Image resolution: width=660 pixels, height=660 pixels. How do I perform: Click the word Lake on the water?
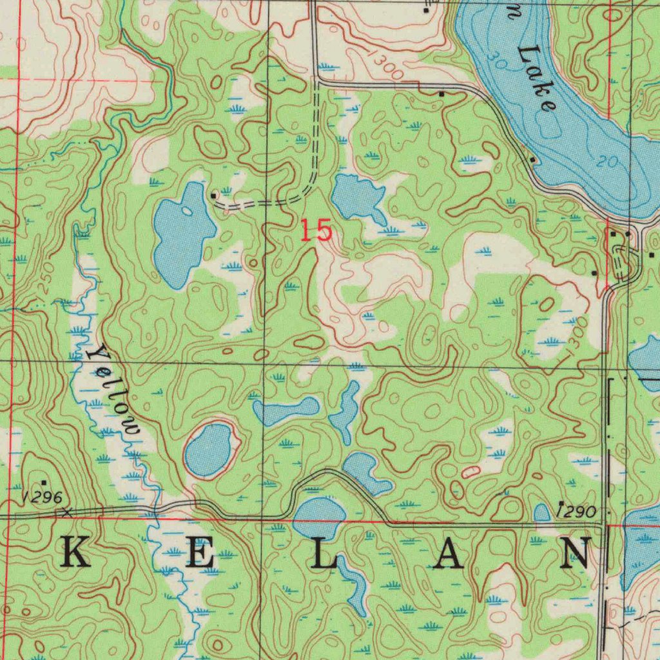pos(537,78)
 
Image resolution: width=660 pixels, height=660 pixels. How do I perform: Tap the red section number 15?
pos(316,230)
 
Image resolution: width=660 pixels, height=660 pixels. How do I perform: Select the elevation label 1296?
pos(41,497)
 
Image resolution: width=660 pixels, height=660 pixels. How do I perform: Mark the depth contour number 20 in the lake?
pos(606,162)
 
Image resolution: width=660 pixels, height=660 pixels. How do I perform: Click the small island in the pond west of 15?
pos(187,211)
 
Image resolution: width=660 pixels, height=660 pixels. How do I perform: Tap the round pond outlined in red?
pos(209,449)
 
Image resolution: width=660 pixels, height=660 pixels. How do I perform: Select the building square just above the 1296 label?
pos(44,482)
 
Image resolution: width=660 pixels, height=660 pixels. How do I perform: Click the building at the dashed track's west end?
pos(214,194)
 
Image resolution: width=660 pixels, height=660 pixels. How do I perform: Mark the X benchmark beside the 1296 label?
pos(65,512)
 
